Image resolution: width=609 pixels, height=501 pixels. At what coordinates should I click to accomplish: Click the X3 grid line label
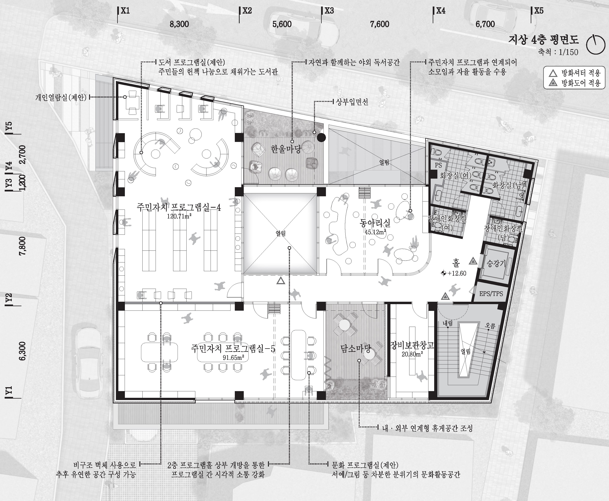pyautogui.click(x=329, y=11)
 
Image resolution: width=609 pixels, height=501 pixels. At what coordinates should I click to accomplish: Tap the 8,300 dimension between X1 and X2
pyautogui.click(x=179, y=24)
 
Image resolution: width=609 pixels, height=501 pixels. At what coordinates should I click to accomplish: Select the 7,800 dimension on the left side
pyautogui.click(x=22, y=246)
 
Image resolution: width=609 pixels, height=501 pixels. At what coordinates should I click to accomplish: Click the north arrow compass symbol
pyautogui.click(x=595, y=45)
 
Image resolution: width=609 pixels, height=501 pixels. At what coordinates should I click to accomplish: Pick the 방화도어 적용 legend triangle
pyautogui.click(x=553, y=83)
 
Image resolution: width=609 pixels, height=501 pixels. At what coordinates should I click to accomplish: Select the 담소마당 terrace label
pyautogui.click(x=356, y=349)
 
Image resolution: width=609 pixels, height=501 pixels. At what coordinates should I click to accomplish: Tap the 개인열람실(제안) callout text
pyautogui.click(x=61, y=98)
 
